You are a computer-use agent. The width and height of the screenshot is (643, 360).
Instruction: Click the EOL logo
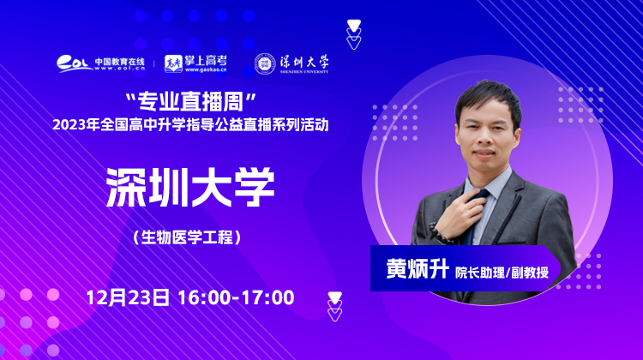pos(75,64)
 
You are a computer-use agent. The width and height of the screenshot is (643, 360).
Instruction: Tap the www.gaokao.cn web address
pos(206,69)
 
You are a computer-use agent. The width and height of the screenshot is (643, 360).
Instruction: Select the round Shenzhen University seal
pos(265,64)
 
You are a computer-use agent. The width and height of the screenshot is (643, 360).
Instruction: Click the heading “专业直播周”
pos(190,101)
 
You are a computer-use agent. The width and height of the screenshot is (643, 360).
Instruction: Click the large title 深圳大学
pos(190,188)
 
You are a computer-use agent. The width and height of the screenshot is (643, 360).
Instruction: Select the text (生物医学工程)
pos(187,237)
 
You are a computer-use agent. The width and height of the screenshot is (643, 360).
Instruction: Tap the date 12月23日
pos(128,297)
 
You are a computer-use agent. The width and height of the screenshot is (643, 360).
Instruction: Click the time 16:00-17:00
pos(237,297)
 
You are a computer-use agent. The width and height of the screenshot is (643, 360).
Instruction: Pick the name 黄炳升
pos(417,269)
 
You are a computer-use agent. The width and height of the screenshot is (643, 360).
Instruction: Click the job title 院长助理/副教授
pos(502,273)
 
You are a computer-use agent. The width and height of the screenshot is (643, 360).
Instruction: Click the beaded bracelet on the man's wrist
pos(440,233)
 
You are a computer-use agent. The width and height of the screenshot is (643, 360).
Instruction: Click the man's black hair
pos(488,99)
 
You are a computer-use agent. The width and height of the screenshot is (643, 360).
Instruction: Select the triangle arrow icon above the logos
pos(353,34)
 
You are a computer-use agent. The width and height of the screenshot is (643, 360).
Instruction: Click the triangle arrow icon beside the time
pos(334,306)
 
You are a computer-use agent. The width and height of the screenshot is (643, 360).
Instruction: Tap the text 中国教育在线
pos(120,62)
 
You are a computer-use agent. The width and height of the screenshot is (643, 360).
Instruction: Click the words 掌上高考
pos(206,61)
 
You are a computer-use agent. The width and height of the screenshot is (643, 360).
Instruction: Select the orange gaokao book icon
pos(173,64)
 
